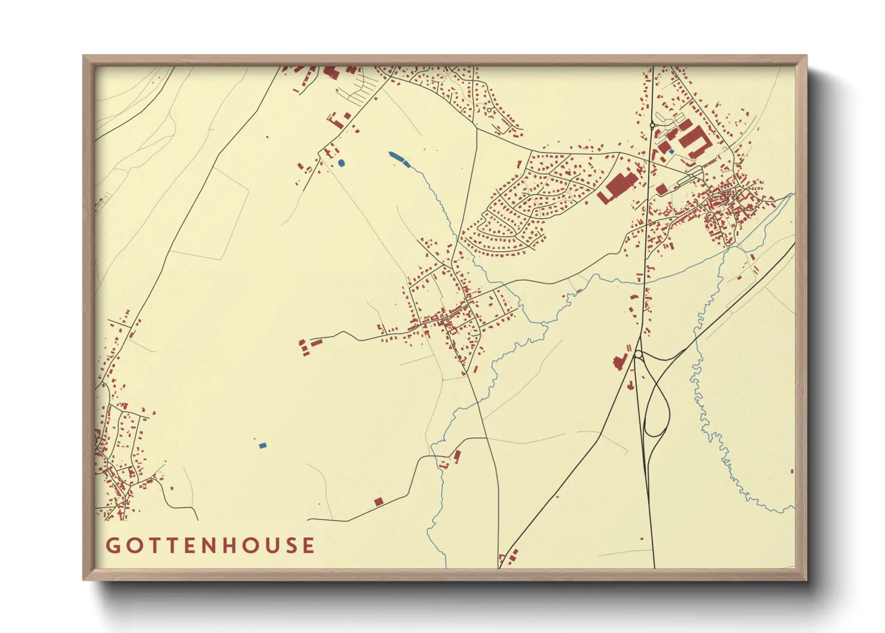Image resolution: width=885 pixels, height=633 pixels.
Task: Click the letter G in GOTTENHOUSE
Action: (x=112, y=546)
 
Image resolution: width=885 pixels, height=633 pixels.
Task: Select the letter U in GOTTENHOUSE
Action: (x=270, y=546)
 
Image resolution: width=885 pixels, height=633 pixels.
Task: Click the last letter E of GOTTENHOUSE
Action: (x=308, y=546)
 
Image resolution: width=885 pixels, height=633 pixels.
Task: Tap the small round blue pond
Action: (x=341, y=163)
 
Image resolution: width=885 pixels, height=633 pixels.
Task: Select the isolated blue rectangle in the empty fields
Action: (x=262, y=445)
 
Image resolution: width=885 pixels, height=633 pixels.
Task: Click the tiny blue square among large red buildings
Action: (x=672, y=151)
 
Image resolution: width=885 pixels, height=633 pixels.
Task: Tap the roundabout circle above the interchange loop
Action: (x=638, y=355)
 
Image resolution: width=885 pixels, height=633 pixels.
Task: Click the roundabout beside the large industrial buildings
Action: (x=651, y=126)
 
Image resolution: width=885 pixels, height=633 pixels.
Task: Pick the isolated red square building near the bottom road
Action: (x=378, y=501)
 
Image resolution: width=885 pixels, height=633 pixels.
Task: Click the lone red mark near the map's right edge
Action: (x=792, y=471)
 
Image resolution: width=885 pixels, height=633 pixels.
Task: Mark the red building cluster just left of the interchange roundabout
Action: (x=619, y=361)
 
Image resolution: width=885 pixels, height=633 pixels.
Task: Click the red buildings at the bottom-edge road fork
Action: (x=512, y=556)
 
